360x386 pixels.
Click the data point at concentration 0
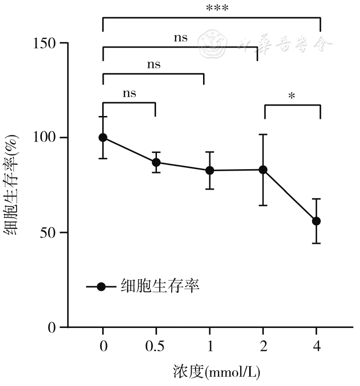click(x=103, y=137)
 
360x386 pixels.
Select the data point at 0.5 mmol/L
click(x=156, y=162)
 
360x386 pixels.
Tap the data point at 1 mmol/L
click(x=209, y=170)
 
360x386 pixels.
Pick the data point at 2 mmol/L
click(x=263, y=170)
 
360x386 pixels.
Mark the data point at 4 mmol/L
click(x=316, y=221)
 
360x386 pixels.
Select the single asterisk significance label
click(x=292, y=96)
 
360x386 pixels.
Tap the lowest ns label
click(x=129, y=93)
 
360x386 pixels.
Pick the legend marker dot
click(x=101, y=287)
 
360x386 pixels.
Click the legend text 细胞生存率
click(x=160, y=287)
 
